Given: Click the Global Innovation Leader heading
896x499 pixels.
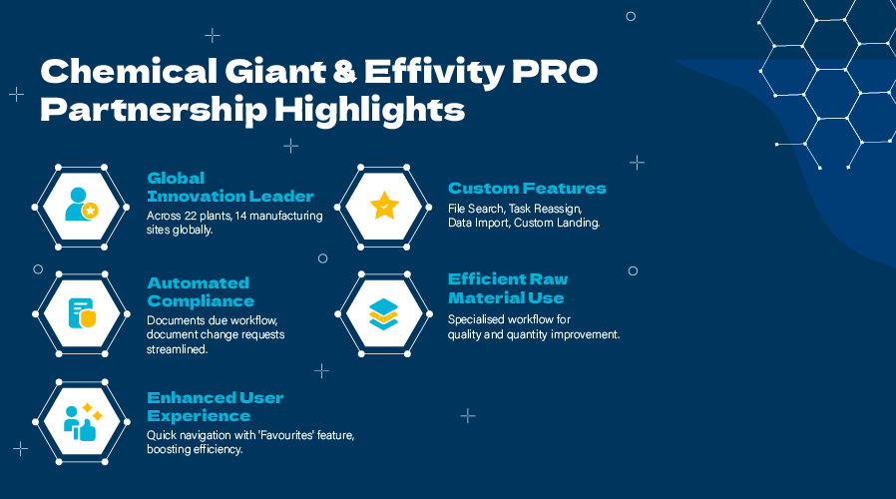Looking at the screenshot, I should [x=230, y=187].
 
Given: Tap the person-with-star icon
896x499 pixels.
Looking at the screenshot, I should [x=80, y=204].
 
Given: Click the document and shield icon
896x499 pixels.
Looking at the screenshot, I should [x=81, y=313].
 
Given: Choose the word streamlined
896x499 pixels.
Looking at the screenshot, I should [x=178, y=349].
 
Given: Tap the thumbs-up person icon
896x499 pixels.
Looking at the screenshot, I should [x=80, y=422].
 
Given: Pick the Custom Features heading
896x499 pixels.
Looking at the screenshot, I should [x=527, y=188].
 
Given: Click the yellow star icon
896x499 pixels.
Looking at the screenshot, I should [x=384, y=207].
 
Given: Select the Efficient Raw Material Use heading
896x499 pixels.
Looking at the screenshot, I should [x=508, y=288].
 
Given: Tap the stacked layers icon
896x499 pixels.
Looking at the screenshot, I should [x=384, y=312].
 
